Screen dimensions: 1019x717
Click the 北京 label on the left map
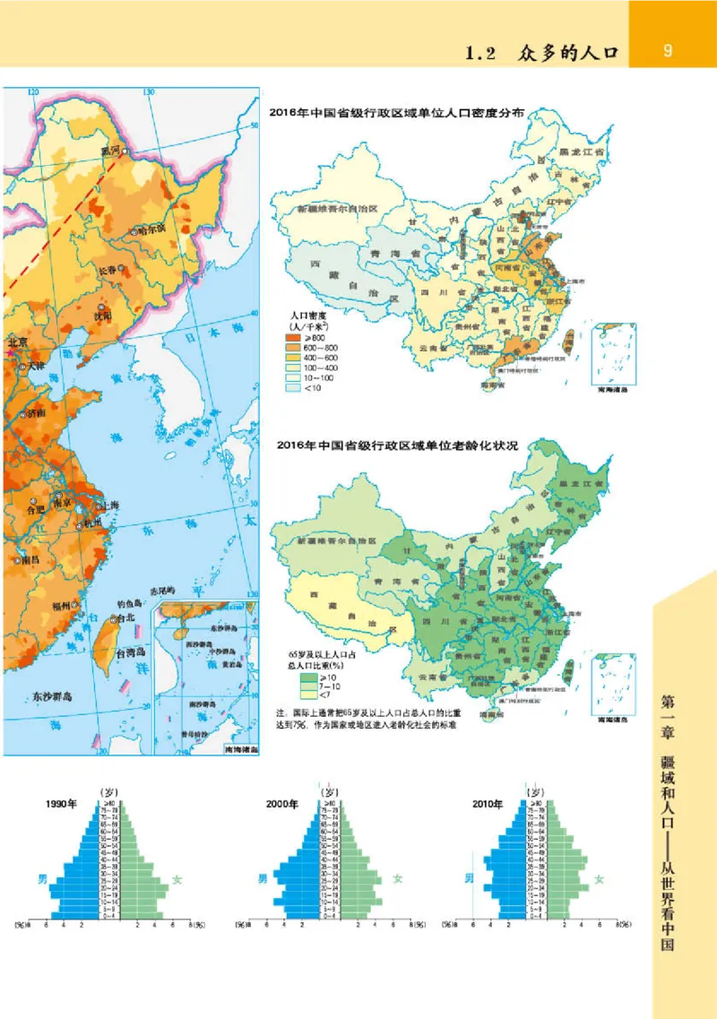(x=18, y=341)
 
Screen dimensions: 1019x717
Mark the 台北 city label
(x=127, y=618)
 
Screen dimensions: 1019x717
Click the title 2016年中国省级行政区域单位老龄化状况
(x=399, y=445)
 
